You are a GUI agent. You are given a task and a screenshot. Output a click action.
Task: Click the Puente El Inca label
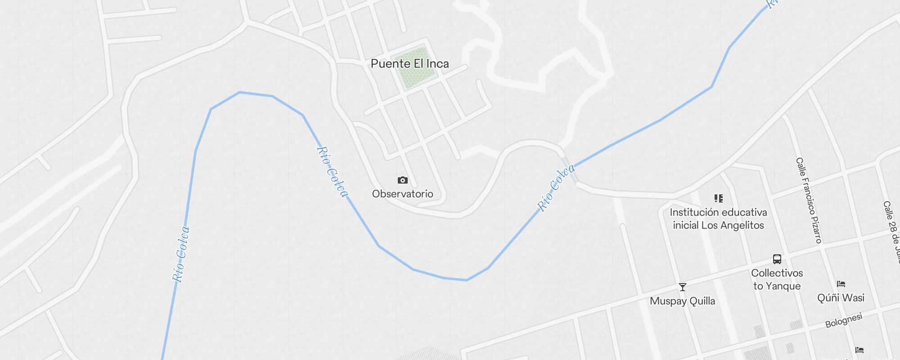pyautogui.click(x=409, y=64)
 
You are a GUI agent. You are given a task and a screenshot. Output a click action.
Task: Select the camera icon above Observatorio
pyautogui.click(x=403, y=180)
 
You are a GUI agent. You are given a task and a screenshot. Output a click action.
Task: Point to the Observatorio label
pyautogui.click(x=402, y=194)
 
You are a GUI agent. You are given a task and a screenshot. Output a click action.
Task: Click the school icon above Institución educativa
pyautogui.click(x=718, y=198)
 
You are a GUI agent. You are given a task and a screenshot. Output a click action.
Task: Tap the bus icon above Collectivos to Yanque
pyautogui.click(x=777, y=259)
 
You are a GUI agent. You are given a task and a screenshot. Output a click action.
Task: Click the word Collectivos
pyautogui.click(x=777, y=273)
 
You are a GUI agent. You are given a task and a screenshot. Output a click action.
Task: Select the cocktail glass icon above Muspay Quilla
pyautogui.click(x=682, y=287)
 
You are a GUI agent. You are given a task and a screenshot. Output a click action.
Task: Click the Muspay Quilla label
pyautogui.click(x=682, y=301)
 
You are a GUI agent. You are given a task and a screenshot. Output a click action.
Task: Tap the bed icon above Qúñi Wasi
pyautogui.click(x=841, y=284)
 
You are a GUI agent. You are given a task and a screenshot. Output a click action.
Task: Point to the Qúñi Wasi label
pyautogui.click(x=841, y=298)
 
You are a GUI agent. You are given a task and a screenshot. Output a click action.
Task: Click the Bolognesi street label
pyautogui.click(x=843, y=320)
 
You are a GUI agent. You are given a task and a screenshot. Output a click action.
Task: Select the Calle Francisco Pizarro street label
pyautogui.click(x=809, y=200)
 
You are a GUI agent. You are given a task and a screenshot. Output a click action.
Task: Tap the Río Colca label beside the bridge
pyautogui.click(x=557, y=188)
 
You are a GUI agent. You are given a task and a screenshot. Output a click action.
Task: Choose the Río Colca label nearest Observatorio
pyautogui.click(x=333, y=171)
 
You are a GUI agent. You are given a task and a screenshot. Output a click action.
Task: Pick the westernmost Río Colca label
pyautogui.click(x=181, y=254)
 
